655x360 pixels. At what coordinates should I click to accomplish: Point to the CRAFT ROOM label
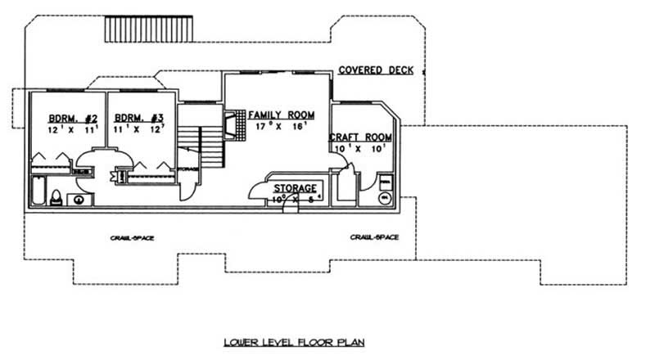click(x=360, y=137)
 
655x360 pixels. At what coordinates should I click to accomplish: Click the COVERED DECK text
click(x=376, y=70)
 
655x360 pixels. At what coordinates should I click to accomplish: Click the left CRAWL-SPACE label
click(x=133, y=237)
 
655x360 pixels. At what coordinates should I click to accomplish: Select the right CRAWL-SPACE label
click(x=374, y=237)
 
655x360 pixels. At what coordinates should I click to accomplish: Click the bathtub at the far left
click(x=38, y=191)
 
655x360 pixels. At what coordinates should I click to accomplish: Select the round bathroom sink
click(x=79, y=198)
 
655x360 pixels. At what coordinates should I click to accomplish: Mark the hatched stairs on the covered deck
click(x=148, y=30)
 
